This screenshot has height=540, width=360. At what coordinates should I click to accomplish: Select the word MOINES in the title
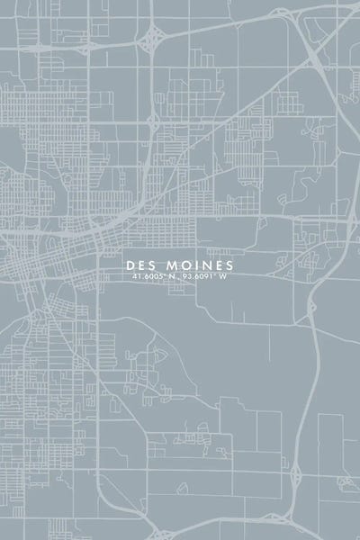(x=198, y=265)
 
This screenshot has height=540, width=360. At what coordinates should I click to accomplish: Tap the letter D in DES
(x=131, y=265)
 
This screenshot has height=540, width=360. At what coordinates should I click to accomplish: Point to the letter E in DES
(x=141, y=265)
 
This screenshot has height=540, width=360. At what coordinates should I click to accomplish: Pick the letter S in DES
(x=151, y=265)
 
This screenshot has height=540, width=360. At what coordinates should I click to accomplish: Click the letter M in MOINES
(x=169, y=265)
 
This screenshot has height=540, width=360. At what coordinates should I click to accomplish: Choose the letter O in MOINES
(x=182, y=265)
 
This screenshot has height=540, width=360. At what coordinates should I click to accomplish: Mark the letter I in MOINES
(x=193, y=265)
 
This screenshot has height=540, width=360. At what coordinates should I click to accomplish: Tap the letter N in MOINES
(x=202, y=265)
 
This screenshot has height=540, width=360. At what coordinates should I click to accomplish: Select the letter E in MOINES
(x=215, y=265)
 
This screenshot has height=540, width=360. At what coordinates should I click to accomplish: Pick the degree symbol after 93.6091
(x=215, y=275)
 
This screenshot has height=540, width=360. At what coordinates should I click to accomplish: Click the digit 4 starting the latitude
(x=132, y=277)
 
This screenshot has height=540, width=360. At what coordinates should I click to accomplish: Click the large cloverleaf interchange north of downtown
(x=152, y=37)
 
